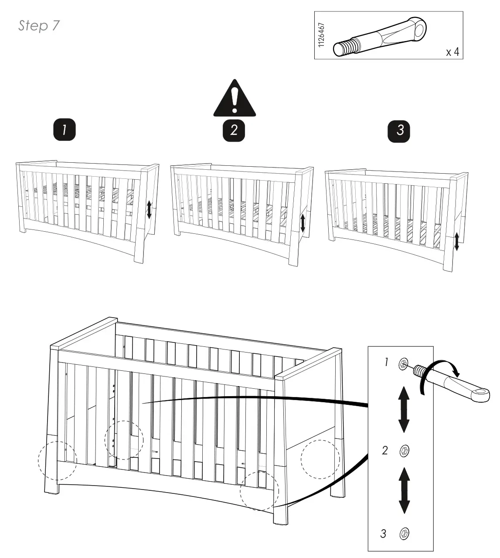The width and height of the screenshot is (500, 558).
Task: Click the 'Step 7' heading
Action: click(x=39, y=26)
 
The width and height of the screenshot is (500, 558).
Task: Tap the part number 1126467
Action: click(x=321, y=36)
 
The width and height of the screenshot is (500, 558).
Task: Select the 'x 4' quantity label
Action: click(x=452, y=52)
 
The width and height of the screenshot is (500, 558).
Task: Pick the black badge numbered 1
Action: click(x=65, y=130)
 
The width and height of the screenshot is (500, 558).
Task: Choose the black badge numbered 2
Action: click(x=234, y=130)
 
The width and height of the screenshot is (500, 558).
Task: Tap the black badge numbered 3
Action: click(x=400, y=130)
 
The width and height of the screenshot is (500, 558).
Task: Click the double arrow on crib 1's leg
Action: click(x=149, y=210)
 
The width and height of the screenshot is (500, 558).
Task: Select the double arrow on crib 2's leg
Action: click(x=303, y=223)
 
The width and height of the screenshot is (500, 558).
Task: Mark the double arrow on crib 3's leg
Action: click(x=456, y=242)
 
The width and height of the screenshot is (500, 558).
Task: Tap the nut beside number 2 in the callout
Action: click(x=404, y=451)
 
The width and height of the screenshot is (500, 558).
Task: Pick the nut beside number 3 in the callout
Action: click(x=404, y=533)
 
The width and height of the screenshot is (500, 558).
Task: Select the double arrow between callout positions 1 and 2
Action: click(x=404, y=409)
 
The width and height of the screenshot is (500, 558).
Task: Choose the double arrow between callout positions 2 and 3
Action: click(x=404, y=491)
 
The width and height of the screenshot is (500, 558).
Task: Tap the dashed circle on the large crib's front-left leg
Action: click(x=57, y=462)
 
